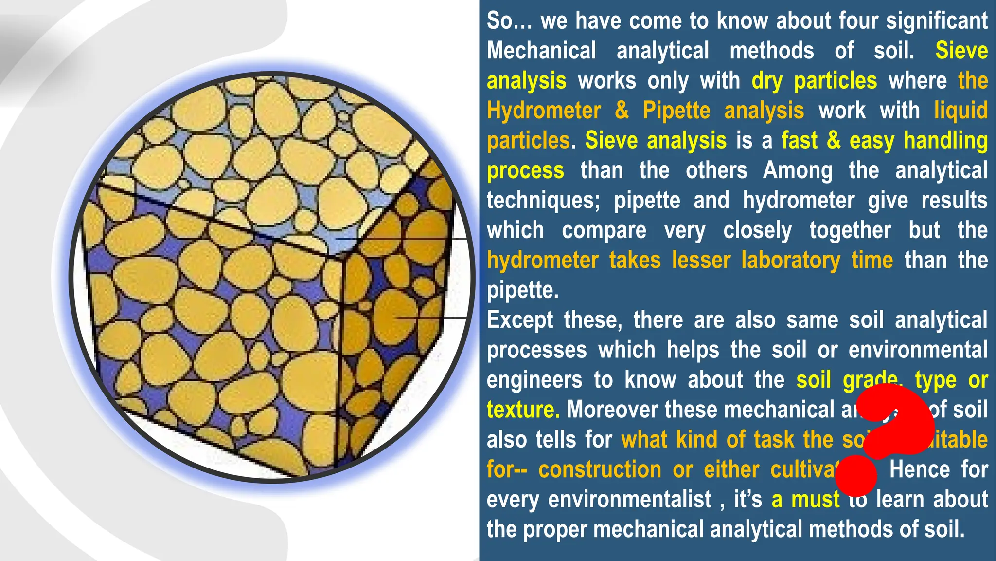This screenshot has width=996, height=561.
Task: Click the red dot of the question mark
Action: (x=856, y=474)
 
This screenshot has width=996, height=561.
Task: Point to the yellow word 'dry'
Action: (x=766, y=81)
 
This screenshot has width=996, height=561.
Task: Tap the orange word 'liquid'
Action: (x=960, y=111)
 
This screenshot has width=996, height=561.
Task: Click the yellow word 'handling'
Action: (x=945, y=141)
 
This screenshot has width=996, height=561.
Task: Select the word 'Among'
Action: (x=798, y=170)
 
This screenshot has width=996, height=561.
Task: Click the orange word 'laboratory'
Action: (x=790, y=260)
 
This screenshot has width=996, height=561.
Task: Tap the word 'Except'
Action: (x=520, y=320)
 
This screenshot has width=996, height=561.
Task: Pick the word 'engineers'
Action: (x=534, y=380)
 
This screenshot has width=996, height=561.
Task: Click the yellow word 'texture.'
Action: (x=523, y=410)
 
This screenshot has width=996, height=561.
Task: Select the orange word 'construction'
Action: (x=600, y=469)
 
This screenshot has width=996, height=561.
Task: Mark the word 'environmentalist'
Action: (x=629, y=500)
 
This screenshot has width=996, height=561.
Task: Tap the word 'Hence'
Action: (x=919, y=469)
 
